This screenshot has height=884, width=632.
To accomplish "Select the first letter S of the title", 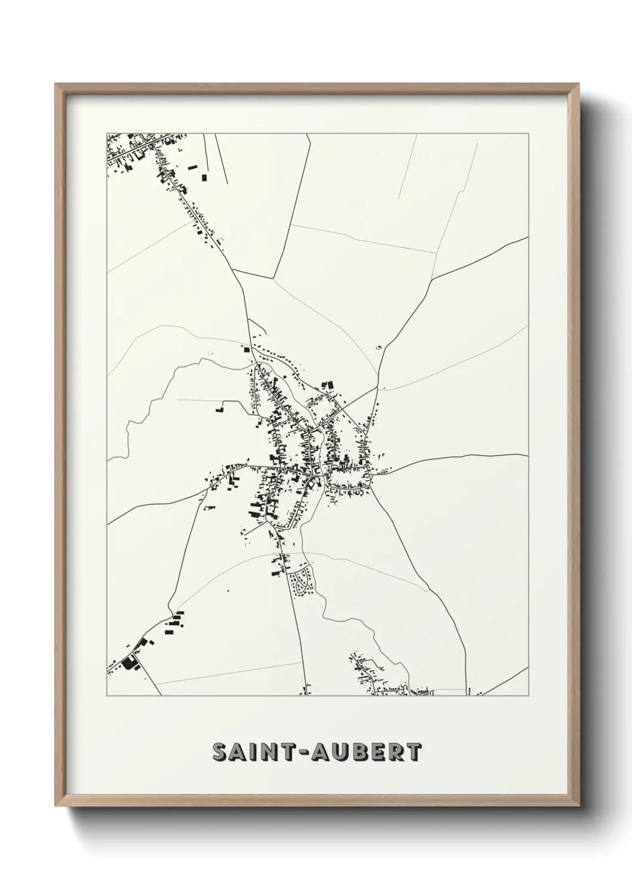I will [219, 753].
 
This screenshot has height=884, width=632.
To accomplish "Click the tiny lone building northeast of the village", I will [378, 346].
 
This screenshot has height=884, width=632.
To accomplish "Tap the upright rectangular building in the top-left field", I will [203, 177].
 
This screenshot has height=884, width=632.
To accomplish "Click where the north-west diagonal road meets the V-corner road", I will [233, 270].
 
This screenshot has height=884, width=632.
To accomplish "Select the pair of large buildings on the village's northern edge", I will [326, 386].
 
